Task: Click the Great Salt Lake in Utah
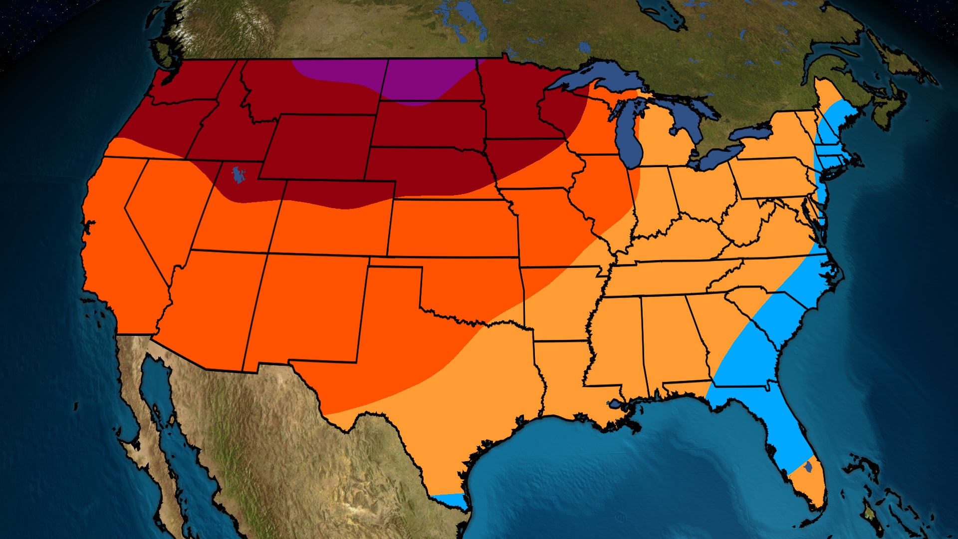point(239,175)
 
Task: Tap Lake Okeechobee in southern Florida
point(808,467)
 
